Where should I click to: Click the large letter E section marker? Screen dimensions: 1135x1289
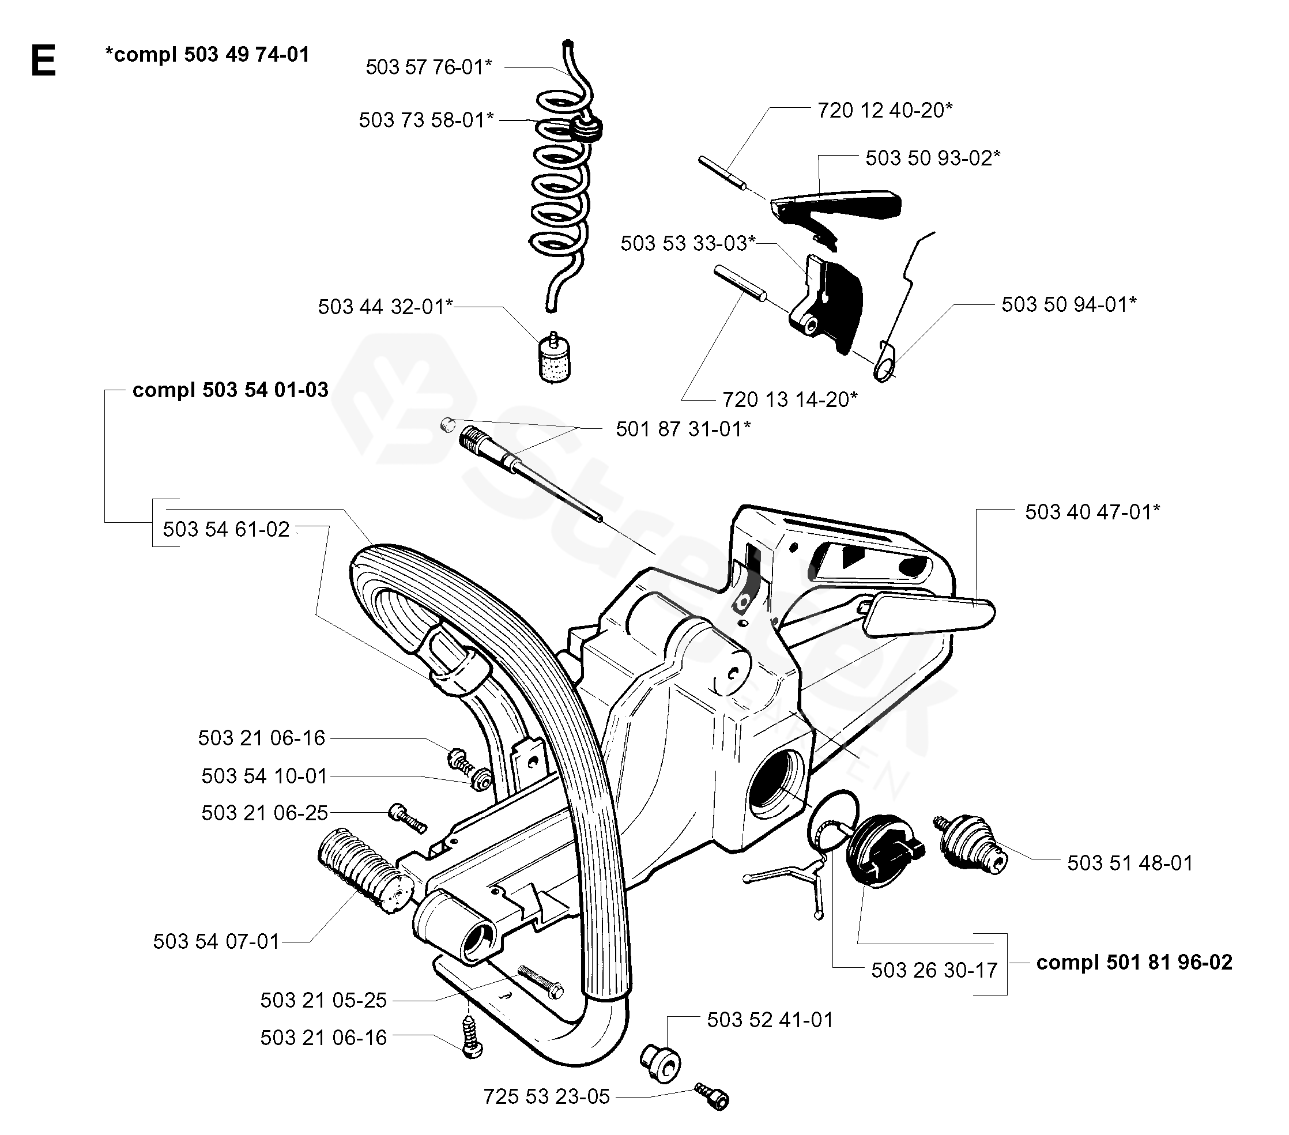tap(43, 62)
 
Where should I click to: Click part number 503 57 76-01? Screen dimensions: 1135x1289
tap(428, 67)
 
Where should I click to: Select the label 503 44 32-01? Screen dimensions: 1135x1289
tap(385, 307)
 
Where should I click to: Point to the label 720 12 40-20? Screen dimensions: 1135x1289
tap(885, 110)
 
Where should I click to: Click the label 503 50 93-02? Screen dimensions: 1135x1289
tap(933, 157)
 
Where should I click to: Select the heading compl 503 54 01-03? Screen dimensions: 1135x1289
tap(230, 390)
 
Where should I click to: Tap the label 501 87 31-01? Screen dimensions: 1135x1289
tap(683, 429)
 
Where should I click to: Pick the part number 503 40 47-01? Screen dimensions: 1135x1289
tap(1092, 512)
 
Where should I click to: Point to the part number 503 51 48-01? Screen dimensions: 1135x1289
tap(1130, 863)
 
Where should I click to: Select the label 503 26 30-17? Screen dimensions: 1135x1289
tap(934, 970)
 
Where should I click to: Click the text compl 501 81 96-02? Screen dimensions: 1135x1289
tap(1134, 962)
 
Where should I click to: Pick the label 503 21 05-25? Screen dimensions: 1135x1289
tap(323, 1000)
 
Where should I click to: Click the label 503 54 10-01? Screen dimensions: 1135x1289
tap(264, 776)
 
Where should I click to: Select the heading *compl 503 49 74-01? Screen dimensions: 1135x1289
tap(208, 55)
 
